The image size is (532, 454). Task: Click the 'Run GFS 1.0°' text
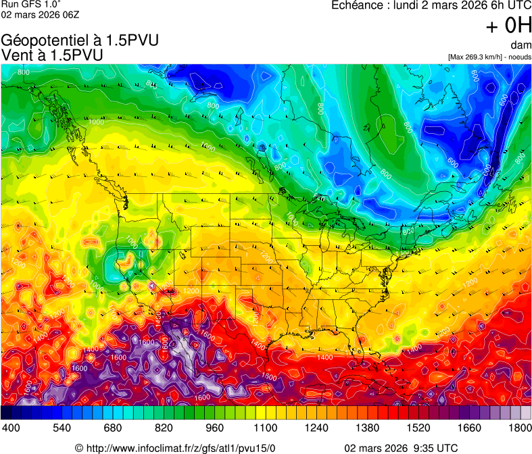click(x=26, y=4)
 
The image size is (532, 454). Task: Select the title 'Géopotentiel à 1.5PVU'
click(x=80, y=41)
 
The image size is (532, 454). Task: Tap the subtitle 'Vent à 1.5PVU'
click(x=53, y=55)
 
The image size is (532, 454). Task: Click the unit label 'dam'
click(x=521, y=45)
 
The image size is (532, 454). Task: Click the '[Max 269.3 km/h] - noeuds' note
click(x=489, y=57)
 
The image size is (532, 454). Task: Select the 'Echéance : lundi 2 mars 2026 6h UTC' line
click(x=431, y=5)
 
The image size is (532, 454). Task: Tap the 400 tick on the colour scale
click(x=11, y=428)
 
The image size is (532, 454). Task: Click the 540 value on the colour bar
click(x=62, y=428)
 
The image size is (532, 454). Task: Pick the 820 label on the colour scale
click(x=164, y=428)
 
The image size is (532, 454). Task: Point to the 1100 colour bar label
click(x=266, y=428)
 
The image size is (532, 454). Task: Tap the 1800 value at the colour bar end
click(x=519, y=428)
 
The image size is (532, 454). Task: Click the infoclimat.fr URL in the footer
click(x=181, y=448)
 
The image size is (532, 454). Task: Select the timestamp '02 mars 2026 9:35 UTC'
click(x=401, y=448)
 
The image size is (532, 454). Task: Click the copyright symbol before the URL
click(x=79, y=448)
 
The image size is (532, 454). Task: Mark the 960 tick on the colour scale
click(x=214, y=428)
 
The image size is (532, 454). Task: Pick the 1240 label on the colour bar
click(x=316, y=428)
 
